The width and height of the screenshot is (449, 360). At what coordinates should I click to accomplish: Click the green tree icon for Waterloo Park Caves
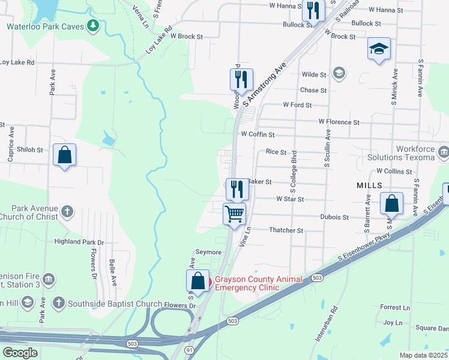pyautogui.click(x=92, y=25)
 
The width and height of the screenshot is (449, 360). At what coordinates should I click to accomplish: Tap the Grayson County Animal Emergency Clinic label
pyautogui.click(x=247, y=283)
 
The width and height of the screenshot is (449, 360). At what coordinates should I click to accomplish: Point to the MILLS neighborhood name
pyautogui.click(x=369, y=186)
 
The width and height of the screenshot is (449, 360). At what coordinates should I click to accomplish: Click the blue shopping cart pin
pyautogui.click(x=234, y=214)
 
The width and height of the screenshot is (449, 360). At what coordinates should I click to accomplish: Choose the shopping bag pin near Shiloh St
pyautogui.click(x=65, y=155)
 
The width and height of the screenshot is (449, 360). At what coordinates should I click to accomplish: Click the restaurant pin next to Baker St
pyautogui.click(x=237, y=188)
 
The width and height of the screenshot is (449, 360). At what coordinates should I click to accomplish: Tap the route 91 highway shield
pyautogui.click(x=189, y=349)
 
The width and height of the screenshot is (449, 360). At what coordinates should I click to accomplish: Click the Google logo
pyautogui.click(x=20, y=352)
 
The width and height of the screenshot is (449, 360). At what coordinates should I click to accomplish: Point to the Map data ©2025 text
pyautogui.click(x=423, y=355)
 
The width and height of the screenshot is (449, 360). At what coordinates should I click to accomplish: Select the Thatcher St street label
pyautogui.click(x=286, y=230)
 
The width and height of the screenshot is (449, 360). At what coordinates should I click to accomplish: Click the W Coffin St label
pyautogui.click(x=257, y=135)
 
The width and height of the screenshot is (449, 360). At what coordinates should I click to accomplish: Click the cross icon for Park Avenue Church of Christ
pyautogui.click(x=67, y=211)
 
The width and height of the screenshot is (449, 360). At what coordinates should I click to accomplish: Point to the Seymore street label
pyautogui.click(x=208, y=252)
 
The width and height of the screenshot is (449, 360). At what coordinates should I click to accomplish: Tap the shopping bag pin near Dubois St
pyautogui.click(x=391, y=205)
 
